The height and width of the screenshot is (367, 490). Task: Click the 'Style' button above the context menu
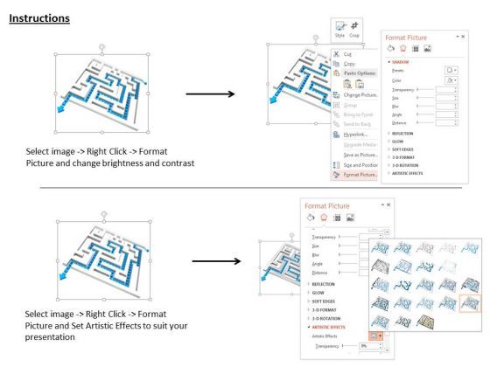pyautogui.click(x=339, y=32)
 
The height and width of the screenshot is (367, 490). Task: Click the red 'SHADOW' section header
pyautogui.click(x=402, y=62)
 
